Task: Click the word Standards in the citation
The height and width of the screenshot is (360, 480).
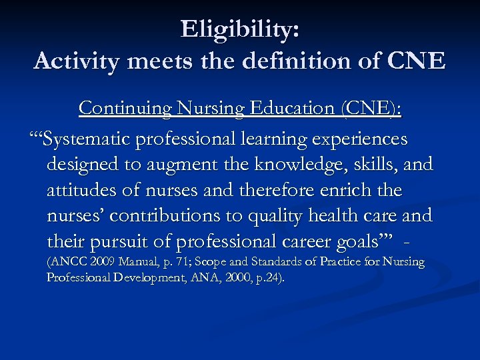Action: coord(271,263)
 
